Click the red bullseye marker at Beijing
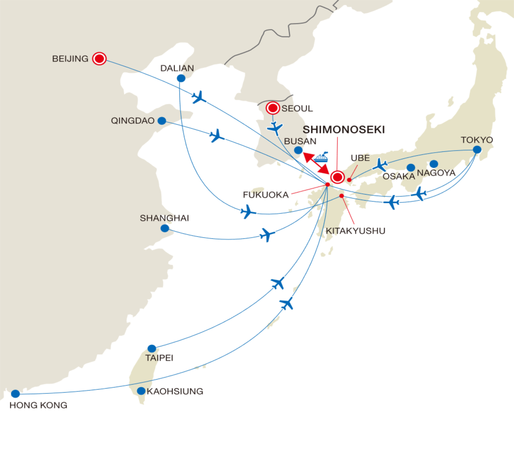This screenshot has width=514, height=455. coord(99,59)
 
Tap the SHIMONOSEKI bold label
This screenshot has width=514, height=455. coord(343,130)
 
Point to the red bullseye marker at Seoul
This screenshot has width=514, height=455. coord(273,108)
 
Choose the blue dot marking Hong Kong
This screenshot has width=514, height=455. coord(15,394)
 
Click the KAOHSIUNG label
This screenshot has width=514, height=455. coord(175,391)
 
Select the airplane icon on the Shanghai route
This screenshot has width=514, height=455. coord(267,235)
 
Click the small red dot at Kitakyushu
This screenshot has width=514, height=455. coord(341,196)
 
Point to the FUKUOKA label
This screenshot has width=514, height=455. coord(265,195)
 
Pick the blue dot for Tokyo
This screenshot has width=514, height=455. coord(477,150)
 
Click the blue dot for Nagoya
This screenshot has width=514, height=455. coord(434,164)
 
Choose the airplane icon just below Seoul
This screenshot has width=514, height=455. coord(275,128)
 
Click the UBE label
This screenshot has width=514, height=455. coord(360,158)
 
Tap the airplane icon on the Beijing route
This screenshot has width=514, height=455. coord(199,97)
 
